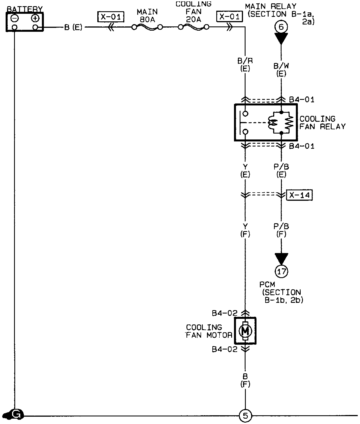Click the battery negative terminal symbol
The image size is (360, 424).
[x=15, y=19]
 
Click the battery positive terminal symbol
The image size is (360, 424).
[x=35, y=19]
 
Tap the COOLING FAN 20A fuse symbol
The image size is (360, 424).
[x=194, y=27]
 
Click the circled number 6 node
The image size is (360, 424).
[x=281, y=27]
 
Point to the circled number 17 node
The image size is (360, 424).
[x=281, y=271]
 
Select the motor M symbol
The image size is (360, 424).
[x=245, y=331]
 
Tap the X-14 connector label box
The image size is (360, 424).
[x=299, y=195]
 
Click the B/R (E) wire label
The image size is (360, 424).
[x=245, y=65]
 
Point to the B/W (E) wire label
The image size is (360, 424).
[x=281, y=70]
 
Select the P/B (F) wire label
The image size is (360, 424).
[x=281, y=230]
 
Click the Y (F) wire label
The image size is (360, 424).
[x=245, y=230]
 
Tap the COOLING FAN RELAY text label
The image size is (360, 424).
[x=322, y=123]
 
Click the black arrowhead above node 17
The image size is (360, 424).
[x=281, y=258]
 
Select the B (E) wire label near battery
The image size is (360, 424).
[x=73, y=28]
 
